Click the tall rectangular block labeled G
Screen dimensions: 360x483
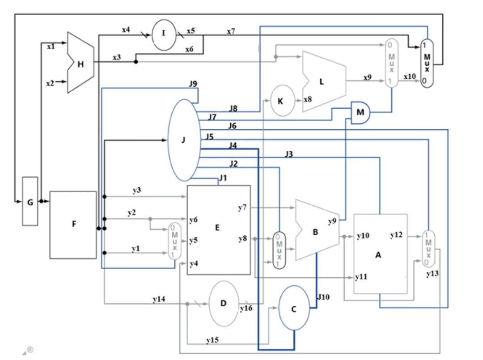click(x=30, y=201)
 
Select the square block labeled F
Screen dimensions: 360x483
click(x=73, y=224)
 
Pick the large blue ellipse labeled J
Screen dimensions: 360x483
click(x=183, y=140)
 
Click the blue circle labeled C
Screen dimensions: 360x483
click(x=294, y=308)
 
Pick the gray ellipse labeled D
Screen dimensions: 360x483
click(x=224, y=303)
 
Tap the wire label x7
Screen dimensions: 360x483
click(x=231, y=31)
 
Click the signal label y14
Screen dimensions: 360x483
click(x=158, y=298)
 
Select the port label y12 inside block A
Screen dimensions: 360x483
click(x=396, y=235)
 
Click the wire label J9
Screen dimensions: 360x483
click(x=193, y=84)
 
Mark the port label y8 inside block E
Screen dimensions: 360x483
click(x=243, y=238)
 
